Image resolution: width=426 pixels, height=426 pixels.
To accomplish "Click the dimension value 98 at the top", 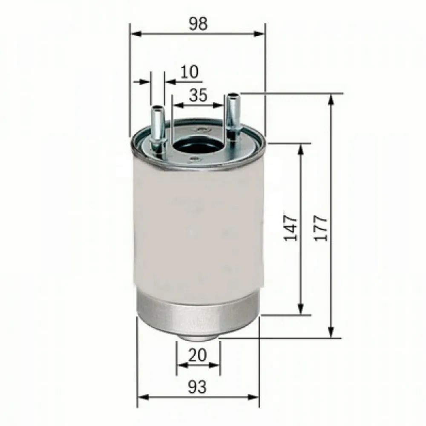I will pos(198,24).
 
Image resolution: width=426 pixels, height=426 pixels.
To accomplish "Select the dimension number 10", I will pos(189,72).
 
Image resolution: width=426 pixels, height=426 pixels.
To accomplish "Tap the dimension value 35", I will pos(198,95).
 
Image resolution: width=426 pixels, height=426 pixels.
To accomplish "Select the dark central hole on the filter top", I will pos(197,147).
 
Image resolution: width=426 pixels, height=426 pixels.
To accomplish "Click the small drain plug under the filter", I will pos(198,337).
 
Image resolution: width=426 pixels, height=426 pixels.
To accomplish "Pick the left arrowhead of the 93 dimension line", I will pos(143,397).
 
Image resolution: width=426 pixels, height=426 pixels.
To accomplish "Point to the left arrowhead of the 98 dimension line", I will pos(135,33).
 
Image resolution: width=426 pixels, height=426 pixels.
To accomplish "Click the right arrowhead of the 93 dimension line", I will pos(254,397).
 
